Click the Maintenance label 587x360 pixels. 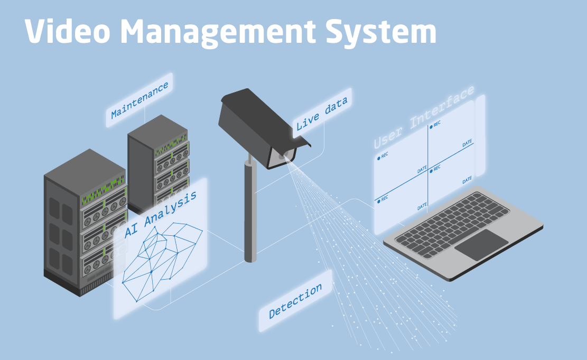click(x=140, y=100)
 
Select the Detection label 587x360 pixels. click(x=295, y=301)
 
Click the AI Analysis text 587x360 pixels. click(x=161, y=215)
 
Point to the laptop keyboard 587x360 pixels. click(x=452, y=225)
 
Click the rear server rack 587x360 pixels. click(x=159, y=159)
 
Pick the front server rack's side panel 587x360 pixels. click(x=61, y=233)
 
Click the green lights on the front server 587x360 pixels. click(x=103, y=197)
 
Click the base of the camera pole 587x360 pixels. click(x=250, y=257)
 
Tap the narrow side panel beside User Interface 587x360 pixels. click(x=480, y=135)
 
